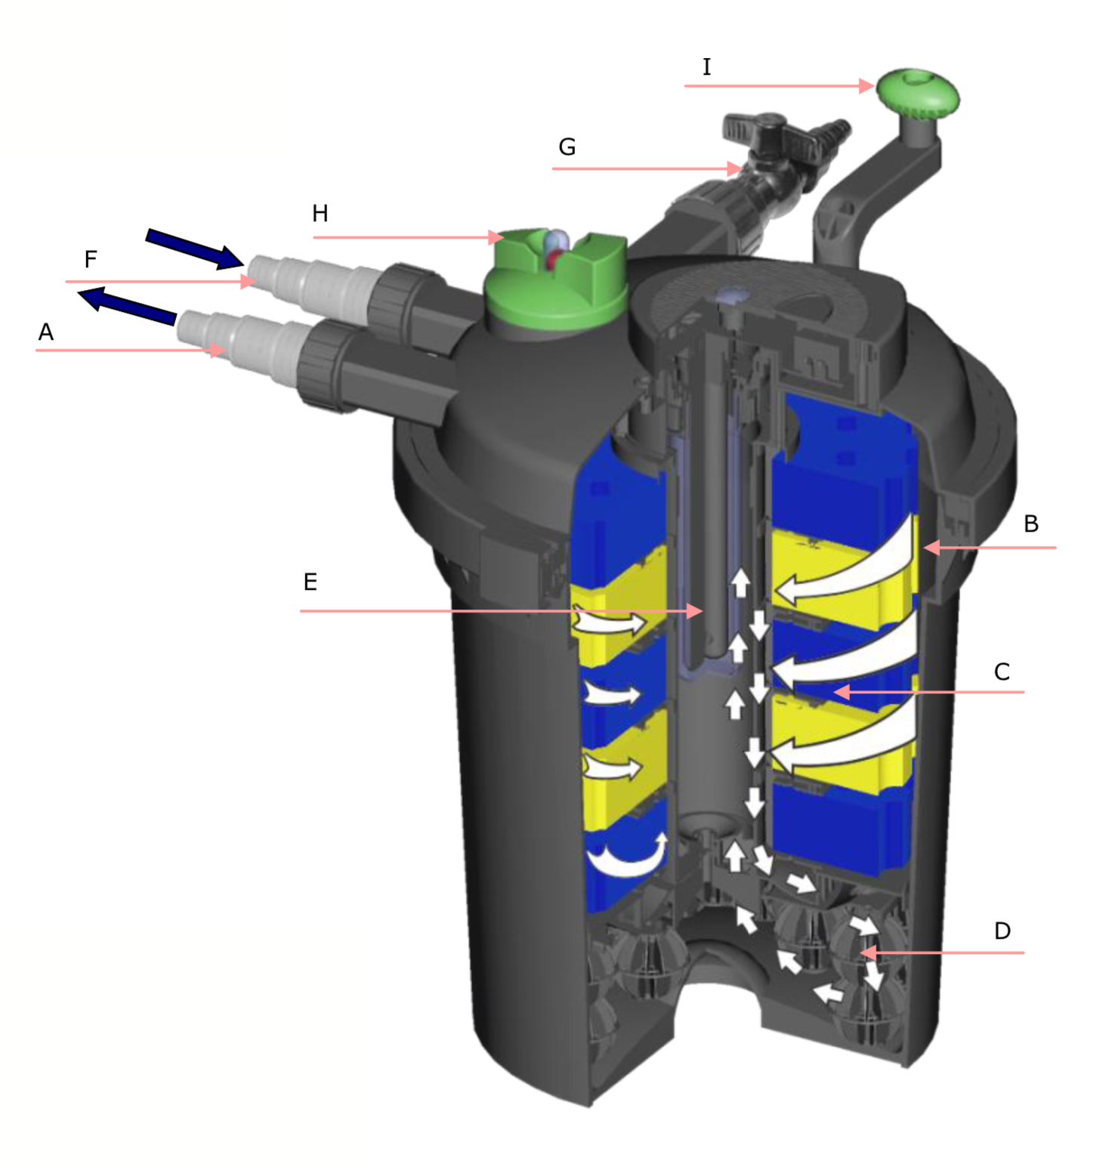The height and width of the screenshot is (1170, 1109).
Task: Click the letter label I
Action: point(706,67)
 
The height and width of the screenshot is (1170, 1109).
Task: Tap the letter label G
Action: point(567,147)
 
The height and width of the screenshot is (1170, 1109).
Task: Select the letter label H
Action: point(320,214)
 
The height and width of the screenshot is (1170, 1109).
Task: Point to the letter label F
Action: point(91,260)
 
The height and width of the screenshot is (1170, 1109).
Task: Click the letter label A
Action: point(46,332)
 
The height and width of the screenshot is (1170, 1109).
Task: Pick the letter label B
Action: point(1031,523)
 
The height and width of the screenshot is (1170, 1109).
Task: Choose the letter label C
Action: point(1002,671)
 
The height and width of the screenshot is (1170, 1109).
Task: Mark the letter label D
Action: point(1002,931)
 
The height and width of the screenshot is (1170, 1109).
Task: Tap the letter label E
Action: point(310,582)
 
